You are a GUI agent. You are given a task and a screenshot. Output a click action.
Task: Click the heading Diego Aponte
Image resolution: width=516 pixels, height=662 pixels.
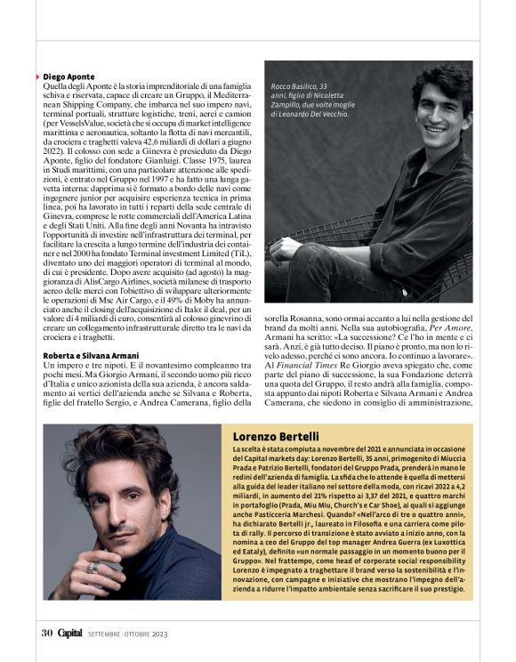69,77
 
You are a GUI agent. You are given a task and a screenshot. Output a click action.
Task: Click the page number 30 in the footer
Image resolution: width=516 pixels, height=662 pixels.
47,634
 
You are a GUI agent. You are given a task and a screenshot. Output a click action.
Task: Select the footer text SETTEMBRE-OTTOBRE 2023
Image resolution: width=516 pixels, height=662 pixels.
125,634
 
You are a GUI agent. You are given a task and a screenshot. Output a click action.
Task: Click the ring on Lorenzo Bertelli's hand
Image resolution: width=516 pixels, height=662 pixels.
91,567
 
